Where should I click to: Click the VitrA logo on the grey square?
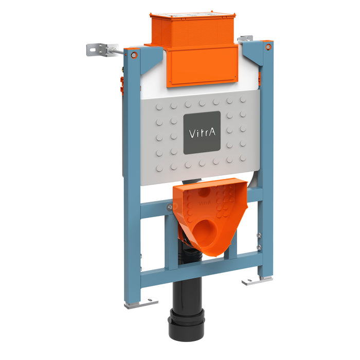click(202, 132)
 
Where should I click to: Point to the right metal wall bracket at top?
click(245, 39)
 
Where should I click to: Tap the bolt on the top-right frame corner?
click(268, 46)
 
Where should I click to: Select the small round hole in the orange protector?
click(202, 194)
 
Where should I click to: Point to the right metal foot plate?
click(256, 281)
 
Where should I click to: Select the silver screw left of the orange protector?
click(169, 207)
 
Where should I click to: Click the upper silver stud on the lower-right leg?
click(259, 235)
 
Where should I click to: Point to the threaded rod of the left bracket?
click(116, 51)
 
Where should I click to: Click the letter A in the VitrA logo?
click(214, 133)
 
